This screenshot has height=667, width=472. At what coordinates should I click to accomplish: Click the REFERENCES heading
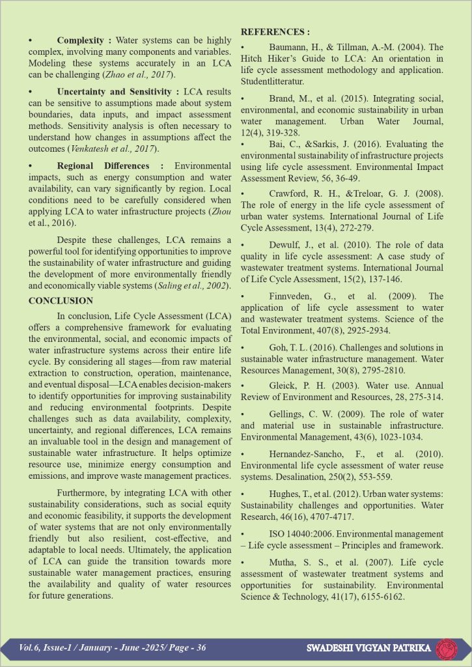(x=275, y=31)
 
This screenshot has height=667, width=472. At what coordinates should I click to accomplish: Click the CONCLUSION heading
(x=61, y=301)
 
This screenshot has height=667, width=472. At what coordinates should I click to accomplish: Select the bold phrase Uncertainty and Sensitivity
(x=115, y=91)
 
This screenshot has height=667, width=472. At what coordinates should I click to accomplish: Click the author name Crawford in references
(x=290, y=194)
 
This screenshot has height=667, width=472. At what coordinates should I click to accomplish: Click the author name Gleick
(x=285, y=386)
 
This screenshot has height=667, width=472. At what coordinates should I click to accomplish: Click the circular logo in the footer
(x=447, y=649)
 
